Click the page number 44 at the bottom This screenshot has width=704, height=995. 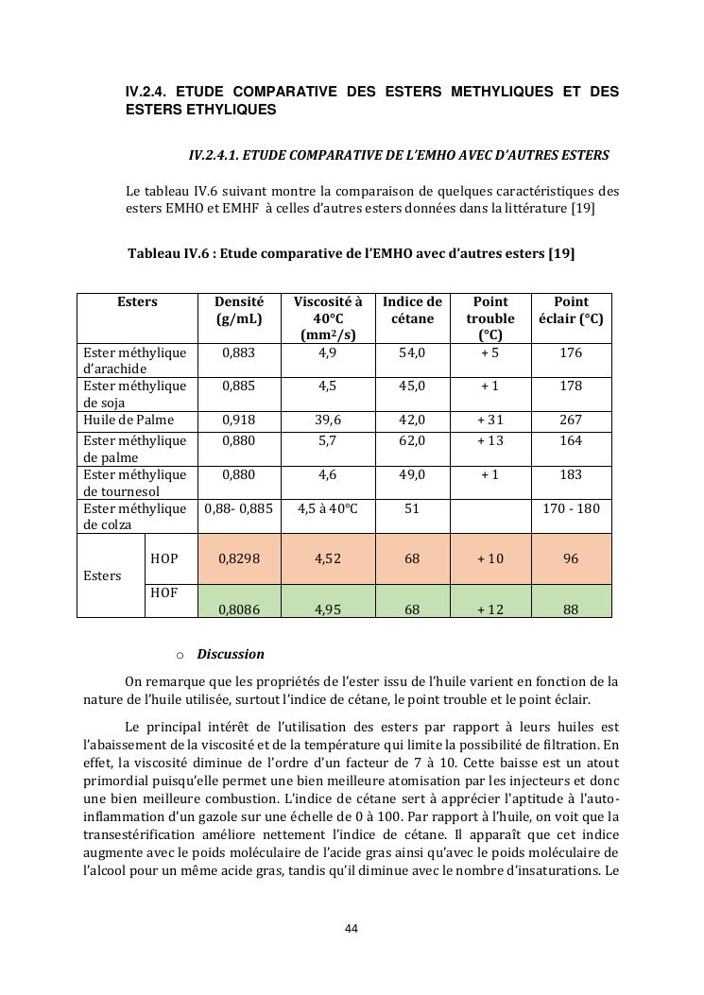tap(352, 929)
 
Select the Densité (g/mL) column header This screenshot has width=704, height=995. tap(239, 310)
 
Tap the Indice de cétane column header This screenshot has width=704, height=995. tap(412, 310)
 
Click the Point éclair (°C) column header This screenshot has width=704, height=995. tap(571, 310)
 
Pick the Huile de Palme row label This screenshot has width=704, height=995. tap(129, 420)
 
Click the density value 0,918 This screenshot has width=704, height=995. tap(239, 420)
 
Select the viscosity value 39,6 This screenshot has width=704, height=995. tap(327, 420)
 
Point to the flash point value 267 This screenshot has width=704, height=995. tap(571, 420)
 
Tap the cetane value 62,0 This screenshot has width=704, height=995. tap(412, 440)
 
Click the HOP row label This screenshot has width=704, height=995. tap(164, 558)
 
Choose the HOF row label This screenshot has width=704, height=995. tap(164, 592)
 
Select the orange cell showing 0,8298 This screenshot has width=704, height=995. tap(239, 558)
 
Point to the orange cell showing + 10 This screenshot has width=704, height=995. tap(489, 558)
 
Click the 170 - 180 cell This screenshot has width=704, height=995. tap(571, 508)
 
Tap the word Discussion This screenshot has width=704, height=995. tap(231, 654)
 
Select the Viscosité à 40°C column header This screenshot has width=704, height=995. tap(327, 318)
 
